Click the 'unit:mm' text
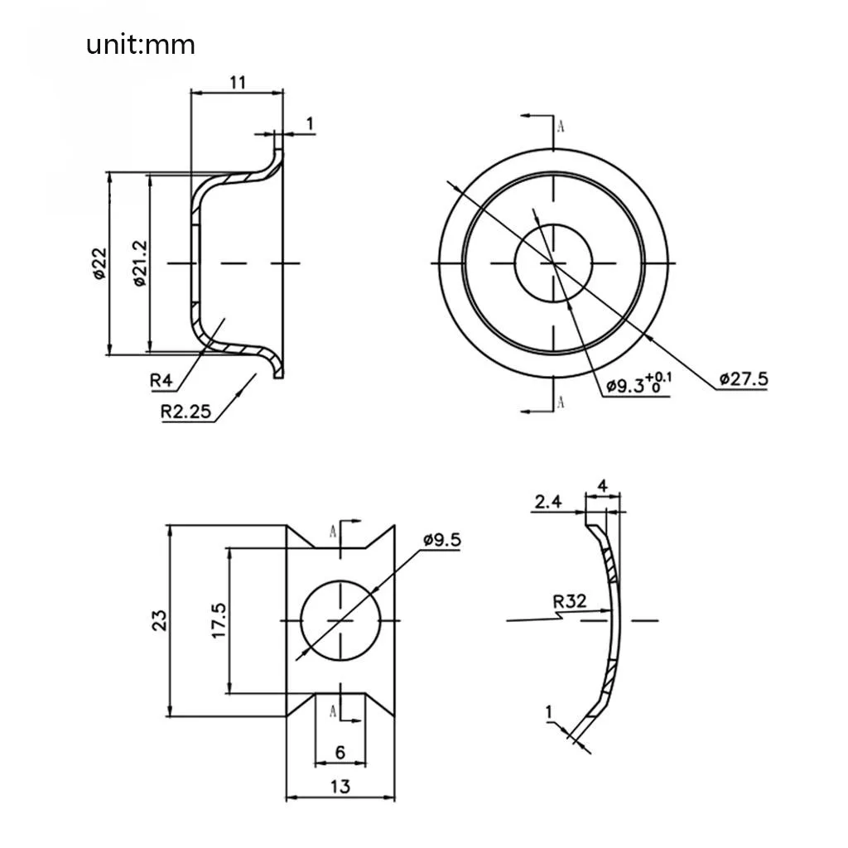[x=141, y=44]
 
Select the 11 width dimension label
[x=237, y=81]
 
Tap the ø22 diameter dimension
[x=99, y=263]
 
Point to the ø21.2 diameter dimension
[x=140, y=263]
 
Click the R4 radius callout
[x=161, y=380]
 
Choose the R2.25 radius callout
[x=185, y=411]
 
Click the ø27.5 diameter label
[x=744, y=378]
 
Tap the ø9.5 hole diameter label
[x=442, y=540]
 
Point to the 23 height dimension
[x=160, y=620]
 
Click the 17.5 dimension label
[x=219, y=620]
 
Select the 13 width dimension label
[x=340, y=786]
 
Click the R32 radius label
[x=570, y=600]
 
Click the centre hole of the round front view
[x=552, y=263]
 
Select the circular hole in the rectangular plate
[x=340, y=619]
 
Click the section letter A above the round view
[x=561, y=127]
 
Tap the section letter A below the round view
[x=561, y=402]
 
